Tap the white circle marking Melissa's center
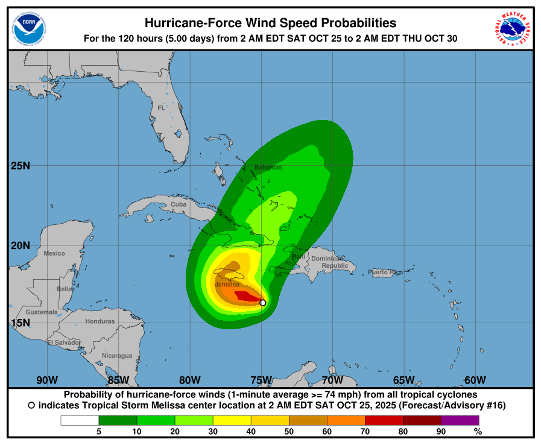(x=263, y=303)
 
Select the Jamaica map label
(x=227, y=284)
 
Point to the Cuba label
(x=179, y=204)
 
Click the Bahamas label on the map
(x=268, y=167)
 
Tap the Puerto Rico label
(x=385, y=272)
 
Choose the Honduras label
(x=100, y=321)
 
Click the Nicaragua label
(x=116, y=356)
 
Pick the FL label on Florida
(x=161, y=108)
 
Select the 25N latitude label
(x=21, y=165)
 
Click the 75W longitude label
(x=261, y=380)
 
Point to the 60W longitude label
(x=475, y=380)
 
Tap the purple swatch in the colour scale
(x=460, y=420)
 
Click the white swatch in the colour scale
(x=80, y=420)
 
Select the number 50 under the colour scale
(x=289, y=431)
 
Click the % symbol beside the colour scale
(x=478, y=431)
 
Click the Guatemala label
(x=42, y=312)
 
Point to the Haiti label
(x=299, y=257)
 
